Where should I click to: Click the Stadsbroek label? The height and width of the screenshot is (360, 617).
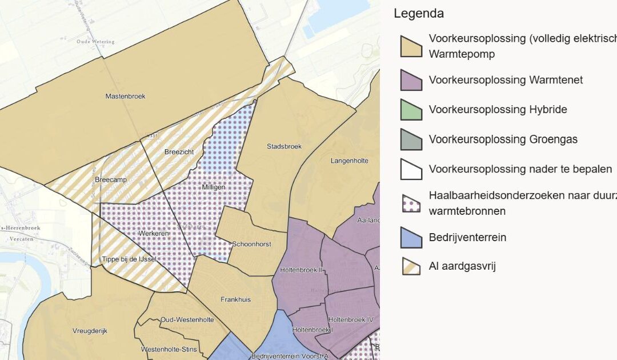pyautogui.click(x=284, y=146)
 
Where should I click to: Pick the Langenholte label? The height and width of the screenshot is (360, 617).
pyautogui.click(x=349, y=161)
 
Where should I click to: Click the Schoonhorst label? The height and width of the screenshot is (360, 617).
pyautogui.click(x=251, y=244)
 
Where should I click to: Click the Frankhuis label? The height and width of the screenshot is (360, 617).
pyautogui.click(x=235, y=299)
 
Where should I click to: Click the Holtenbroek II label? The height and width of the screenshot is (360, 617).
pyautogui.click(x=302, y=269)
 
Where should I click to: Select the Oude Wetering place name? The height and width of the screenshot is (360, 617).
pyautogui.click(x=95, y=42)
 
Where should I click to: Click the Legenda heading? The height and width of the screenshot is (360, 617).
pyautogui.click(x=418, y=14)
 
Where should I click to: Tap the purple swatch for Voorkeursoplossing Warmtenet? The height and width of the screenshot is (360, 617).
pyautogui.click(x=411, y=80)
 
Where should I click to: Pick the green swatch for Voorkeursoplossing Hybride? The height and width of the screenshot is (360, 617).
pyautogui.click(x=411, y=110)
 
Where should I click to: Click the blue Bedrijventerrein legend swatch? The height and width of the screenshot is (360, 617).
pyautogui.click(x=411, y=238)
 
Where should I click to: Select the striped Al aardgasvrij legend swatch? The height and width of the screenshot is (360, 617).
pyautogui.click(x=411, y=266)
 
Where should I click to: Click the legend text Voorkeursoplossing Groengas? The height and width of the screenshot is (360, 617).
pyautogui.click(x=503, y=139)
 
